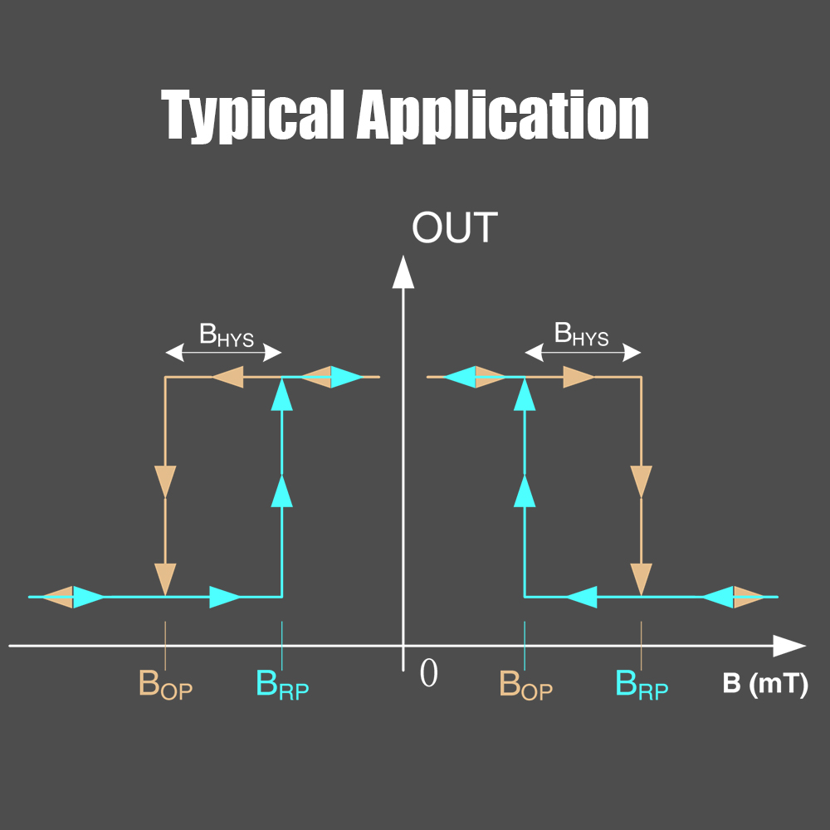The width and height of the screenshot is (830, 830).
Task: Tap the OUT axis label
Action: click(454, 227)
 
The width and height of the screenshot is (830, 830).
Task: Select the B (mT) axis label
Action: click(764, 685)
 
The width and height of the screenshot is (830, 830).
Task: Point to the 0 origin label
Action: click(428, 674)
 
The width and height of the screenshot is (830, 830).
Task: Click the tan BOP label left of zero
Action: click(165, 685)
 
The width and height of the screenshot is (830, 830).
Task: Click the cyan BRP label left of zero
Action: click(282, 685)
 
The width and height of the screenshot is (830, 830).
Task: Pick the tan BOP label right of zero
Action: click(525, 685)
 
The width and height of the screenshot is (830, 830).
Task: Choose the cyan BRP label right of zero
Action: click(642, 685)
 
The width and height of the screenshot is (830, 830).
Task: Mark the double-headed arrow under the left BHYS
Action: click(224, 354)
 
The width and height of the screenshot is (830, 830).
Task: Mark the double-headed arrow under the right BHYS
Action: click(583, 354)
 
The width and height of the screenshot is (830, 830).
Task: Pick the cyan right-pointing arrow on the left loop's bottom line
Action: click(225, 596)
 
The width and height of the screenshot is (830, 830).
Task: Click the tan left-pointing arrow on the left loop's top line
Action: click(227, 378)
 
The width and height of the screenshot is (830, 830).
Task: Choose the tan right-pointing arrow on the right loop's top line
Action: click(579, 378)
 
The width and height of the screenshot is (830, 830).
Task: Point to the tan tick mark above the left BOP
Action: click(165, 646)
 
